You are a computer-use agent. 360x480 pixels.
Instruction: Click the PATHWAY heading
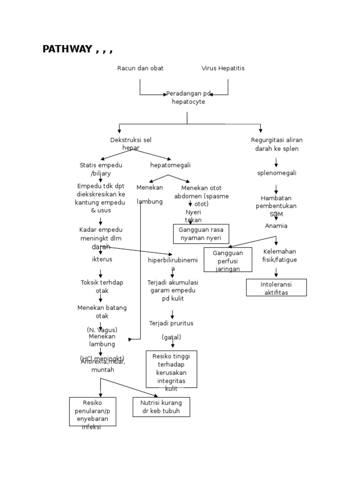(x=77, y=50)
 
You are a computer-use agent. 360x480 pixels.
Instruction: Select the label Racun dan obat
(x=140, y=68)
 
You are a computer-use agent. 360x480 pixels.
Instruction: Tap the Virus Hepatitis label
(x=223, y=68)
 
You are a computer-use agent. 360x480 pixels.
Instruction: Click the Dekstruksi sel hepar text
(x=131, y=143)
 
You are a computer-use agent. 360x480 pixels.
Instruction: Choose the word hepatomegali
(x=170, y=165)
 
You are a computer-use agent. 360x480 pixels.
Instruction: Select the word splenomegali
(x=277, y=173)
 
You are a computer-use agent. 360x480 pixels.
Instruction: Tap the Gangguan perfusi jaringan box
(x=228, y=260)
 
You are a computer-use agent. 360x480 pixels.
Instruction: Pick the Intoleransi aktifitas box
(x=276, y=288)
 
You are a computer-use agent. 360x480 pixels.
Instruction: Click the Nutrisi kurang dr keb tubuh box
(x=161, y=407)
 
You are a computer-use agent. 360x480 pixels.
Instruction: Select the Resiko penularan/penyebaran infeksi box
(x=92, y=412)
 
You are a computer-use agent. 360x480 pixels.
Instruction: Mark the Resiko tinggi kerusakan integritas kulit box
(x=171, y=369)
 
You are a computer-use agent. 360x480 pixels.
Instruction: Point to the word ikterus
(x=102, y=259)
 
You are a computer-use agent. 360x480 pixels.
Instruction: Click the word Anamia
(x=276, y=226)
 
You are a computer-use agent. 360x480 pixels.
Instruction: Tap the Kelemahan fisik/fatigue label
(x=280, y=255)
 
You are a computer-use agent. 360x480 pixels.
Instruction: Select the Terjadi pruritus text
(x=171, y=323)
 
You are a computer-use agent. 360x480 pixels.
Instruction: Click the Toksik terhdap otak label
(x=102, y=286)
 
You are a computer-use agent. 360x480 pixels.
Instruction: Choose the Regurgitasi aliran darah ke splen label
(x=277, y=144)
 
